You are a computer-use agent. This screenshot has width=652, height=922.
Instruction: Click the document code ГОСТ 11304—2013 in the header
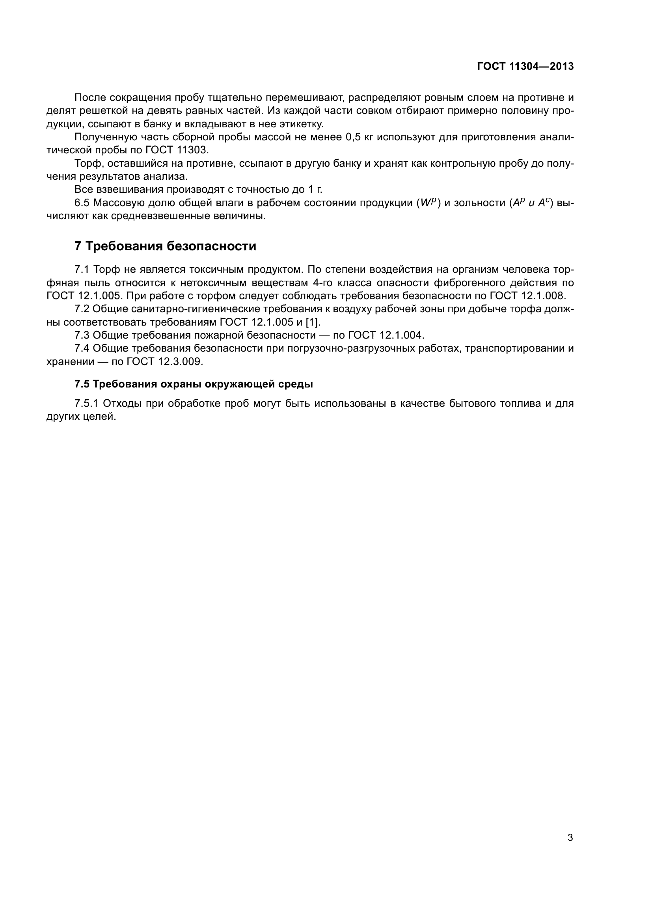point(525,66)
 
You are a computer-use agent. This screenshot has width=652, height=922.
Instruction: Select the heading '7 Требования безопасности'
point(166,246)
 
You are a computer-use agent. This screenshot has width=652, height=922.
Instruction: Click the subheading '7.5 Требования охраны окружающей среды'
point(194,384)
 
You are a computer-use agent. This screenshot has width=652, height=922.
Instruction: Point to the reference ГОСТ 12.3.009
point(164,361)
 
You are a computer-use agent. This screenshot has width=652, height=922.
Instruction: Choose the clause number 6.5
point(82,203)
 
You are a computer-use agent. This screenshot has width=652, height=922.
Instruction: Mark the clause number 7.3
point(82,335)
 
